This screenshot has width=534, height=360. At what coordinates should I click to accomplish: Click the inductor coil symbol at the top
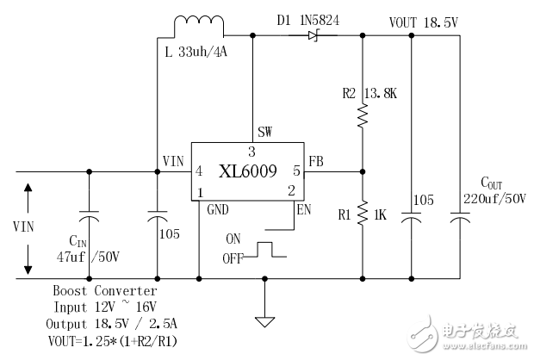pyautogui.click(x=199, y=27)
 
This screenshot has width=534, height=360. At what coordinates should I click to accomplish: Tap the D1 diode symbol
pyautogui.click(x=311, y=36)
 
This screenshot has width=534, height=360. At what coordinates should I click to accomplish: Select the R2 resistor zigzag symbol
pyautogui.click(x=362, y=114)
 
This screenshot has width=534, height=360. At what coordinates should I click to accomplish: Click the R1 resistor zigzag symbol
pyautogui.click(x=362, y=210)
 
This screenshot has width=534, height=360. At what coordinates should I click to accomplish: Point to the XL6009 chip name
pyautogui.click(x=246, y=171)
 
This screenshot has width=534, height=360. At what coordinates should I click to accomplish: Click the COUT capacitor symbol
pyautogui.click(x=459, y=220)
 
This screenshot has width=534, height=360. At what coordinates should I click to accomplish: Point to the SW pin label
pyautogui.click(x=265, y=133)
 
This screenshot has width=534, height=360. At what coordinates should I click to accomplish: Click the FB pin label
pyautogui.click(x=315, y=160)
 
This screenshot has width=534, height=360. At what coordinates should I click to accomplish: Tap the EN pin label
pyautogui.click(x=302, y=208)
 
